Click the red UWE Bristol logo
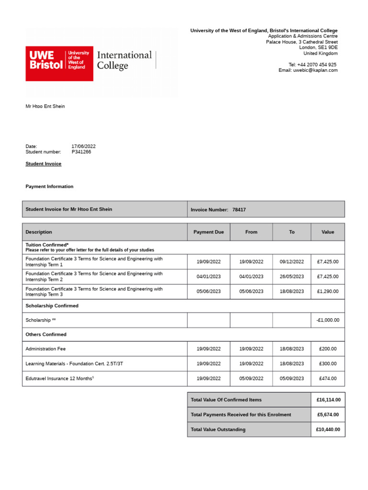point(59,64)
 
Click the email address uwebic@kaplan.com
point(315,70)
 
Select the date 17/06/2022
point(83,146)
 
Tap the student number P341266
point(81,152)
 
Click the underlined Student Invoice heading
point(43,164)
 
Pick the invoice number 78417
point(239,210)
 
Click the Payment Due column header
point(208,232)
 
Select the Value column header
point(328,232)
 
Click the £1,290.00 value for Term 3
point(328,291)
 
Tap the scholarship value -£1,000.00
point(328,320)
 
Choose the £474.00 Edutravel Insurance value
point(328,379)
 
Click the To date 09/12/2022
point(292,262)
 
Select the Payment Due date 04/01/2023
point(208,277)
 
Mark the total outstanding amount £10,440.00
point(328,430)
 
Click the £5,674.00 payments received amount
point(328,415)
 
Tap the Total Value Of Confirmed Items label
point(226,400)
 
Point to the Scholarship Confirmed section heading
point(52,306)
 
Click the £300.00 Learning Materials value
point(328,364)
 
